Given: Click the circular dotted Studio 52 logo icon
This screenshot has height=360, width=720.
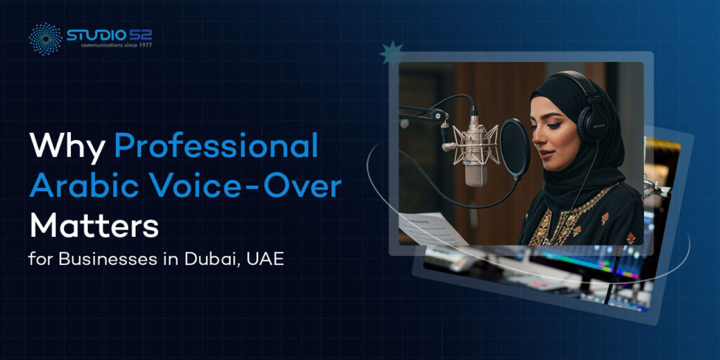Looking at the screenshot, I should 45,38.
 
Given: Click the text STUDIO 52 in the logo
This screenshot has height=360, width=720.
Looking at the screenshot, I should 109,33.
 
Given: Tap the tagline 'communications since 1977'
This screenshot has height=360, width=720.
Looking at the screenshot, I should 111,44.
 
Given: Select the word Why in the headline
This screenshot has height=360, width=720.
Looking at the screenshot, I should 67,145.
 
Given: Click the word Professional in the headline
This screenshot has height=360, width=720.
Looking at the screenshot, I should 216,145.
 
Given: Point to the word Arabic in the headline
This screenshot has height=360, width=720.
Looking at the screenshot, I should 79,187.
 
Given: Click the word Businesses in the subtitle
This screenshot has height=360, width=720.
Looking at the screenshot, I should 106,258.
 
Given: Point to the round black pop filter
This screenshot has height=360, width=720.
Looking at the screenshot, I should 515,148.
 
